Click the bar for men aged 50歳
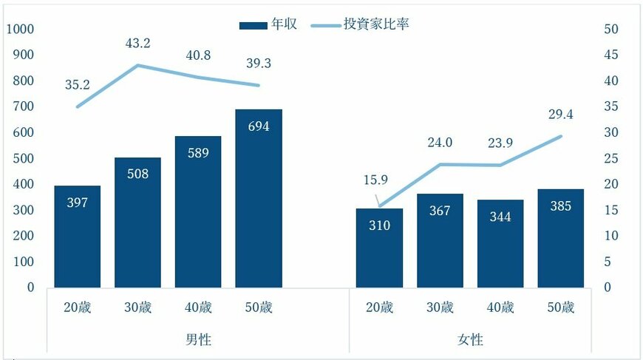(259, 198)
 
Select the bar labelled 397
(77, 237)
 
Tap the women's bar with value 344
(500, 244)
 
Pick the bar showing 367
(440, 241)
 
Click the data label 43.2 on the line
(137, 44)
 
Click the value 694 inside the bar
(259, 126)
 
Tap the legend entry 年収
(269, 24)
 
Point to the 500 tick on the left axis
(24, 158)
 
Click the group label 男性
(198, 340)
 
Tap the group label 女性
(470, 340)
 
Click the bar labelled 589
(198, 212)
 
